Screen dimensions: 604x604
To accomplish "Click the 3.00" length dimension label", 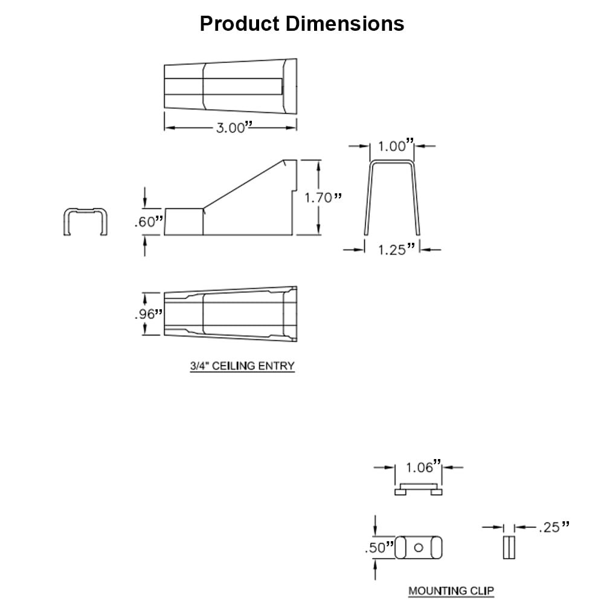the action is point(234,127).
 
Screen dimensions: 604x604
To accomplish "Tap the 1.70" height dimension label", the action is point(323,198).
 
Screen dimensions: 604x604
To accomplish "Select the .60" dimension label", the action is point(149,222).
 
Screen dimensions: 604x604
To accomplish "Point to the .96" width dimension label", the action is point(149,314).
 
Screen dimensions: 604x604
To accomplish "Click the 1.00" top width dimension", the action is point(396,146).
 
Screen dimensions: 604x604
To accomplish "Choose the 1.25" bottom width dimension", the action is point(396,249).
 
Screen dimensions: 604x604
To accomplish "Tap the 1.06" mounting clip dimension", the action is point(423,467).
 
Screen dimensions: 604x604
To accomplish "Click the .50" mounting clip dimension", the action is point(379,547).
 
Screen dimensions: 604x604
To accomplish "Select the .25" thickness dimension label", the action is point(554,527).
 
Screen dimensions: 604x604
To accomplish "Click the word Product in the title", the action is point(239,24).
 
